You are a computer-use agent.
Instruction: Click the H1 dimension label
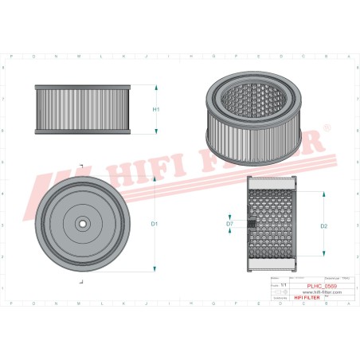[156, 109]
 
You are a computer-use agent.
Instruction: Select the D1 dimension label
[155, 224]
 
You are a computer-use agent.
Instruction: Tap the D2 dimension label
[324, 225]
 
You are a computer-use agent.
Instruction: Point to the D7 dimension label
[229, 224]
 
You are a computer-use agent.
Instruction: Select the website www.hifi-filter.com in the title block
[322, 292]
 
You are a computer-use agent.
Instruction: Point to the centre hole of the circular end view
[81, 224]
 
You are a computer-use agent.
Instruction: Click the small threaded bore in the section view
[252, 224]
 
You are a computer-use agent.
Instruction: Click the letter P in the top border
[12, 57]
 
